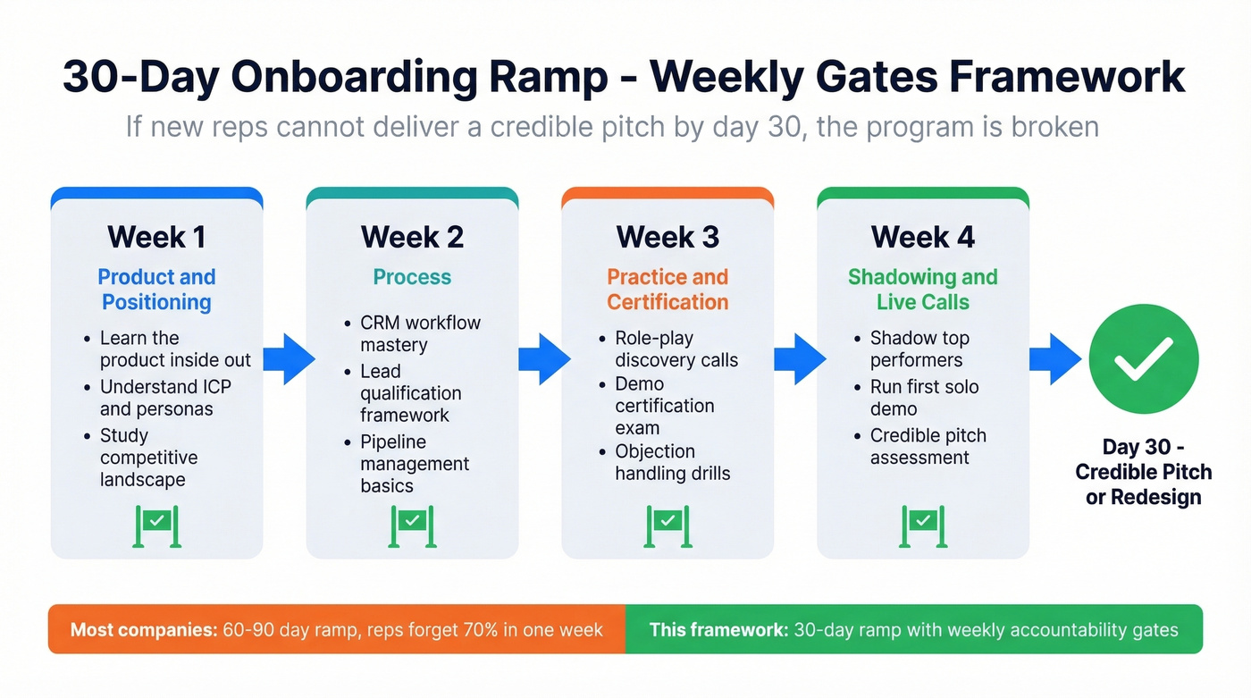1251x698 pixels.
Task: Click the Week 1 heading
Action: coord(156,237)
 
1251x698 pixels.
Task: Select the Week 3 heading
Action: coord(667,237)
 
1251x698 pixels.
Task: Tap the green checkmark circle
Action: coord(1143,358)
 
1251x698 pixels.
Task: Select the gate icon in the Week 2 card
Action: coord(412,525)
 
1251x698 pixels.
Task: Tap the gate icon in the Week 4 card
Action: coord(923,525)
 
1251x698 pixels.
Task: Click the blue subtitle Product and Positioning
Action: coord(156,290)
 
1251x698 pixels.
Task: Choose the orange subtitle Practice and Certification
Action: coord(667,290)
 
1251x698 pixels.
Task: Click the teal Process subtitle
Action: coord(412,277)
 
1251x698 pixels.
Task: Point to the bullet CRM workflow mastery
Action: coord(420,333)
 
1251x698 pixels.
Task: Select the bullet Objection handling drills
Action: coord(672,462)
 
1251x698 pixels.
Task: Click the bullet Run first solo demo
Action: coord(924,398)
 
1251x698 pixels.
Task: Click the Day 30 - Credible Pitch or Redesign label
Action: coord(1143,472)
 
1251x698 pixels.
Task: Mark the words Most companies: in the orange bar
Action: coord(144,629)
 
